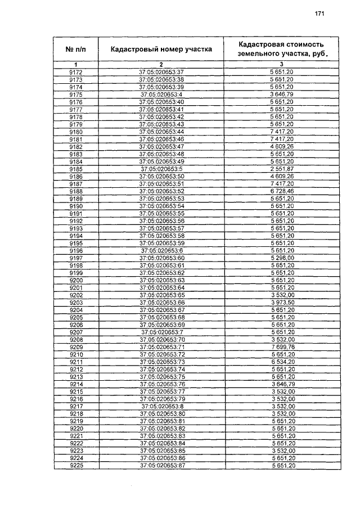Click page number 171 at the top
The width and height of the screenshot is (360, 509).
(x=320, y=13)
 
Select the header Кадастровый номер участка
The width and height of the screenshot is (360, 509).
(x=161, y=49)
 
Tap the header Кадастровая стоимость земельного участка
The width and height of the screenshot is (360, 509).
(x=281, y=49)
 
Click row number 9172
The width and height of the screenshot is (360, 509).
(x=75, y=73)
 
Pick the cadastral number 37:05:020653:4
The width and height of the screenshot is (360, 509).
(x=161, y=94)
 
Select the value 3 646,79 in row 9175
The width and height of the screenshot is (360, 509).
(x=281, y=94)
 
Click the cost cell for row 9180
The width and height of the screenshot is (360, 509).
(x=281, y=131)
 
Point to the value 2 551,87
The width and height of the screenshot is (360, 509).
(x=281, y=169)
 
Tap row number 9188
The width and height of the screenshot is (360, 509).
(x=75, y=191)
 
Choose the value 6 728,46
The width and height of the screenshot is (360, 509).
(x=281, y=191)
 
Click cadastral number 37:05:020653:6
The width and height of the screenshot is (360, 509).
(x=161, y=250)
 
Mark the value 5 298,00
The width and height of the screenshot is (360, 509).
(x=281, y=257)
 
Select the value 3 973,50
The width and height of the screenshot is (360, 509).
(x=281, y=302)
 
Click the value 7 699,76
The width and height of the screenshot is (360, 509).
(x=281, y=346)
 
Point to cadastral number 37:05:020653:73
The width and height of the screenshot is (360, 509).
(x=161, y=362)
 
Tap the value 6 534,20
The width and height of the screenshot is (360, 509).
(x=281, y=362)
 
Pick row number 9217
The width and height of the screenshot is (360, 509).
(x=75, y=406)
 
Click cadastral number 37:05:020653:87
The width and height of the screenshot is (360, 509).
(x=161, y=465)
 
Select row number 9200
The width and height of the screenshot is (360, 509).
(x=75, y=280)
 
